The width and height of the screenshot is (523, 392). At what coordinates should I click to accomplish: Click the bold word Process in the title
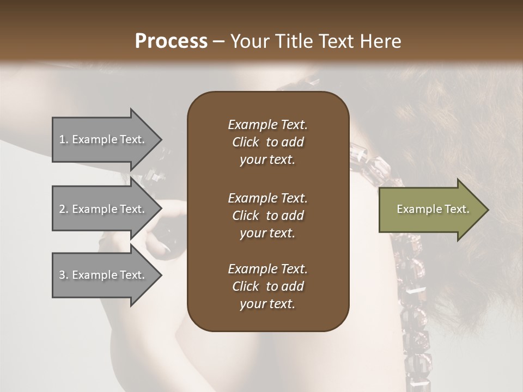point(171,41)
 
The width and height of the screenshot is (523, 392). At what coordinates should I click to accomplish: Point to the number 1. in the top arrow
point(64,139)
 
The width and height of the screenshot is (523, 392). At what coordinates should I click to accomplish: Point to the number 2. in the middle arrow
point(64,209)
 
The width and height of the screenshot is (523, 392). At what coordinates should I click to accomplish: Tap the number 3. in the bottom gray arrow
point(64,275)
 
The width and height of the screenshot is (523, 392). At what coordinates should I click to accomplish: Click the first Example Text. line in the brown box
point(267,125)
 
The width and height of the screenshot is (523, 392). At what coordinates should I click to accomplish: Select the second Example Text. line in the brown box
point(267,198)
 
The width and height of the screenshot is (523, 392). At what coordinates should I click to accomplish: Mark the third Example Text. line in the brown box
point(267,269)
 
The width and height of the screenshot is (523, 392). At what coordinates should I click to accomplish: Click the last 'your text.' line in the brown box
point(267,304)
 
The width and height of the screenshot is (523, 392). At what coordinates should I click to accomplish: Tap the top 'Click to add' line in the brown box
point(267,142)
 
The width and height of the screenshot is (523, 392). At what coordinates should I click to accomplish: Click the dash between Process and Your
point(219,41)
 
